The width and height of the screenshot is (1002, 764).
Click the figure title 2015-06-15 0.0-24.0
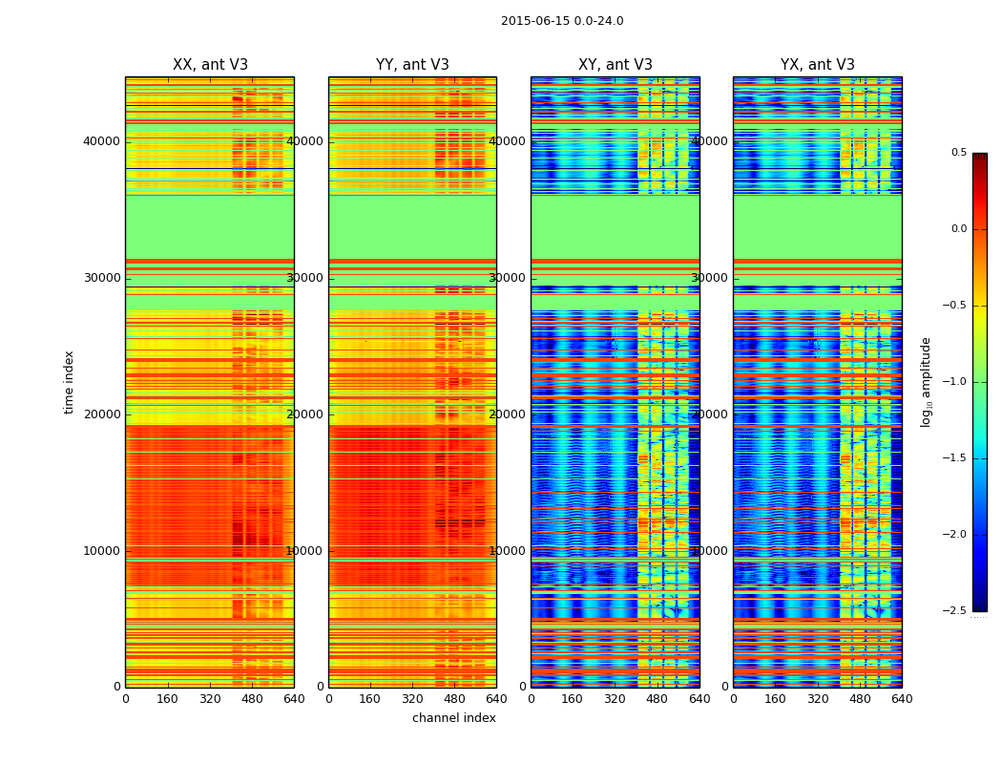click(562, 21)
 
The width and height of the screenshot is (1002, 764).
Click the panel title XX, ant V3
click(210, 65)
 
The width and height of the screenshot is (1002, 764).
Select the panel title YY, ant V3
click(412, 65)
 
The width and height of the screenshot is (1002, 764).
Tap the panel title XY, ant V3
click(616, 65)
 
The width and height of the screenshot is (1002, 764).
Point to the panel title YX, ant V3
click(818, 65)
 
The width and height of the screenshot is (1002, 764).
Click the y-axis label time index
click(69, 382)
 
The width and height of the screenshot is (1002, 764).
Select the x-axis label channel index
click(454, 718)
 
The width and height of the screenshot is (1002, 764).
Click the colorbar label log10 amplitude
click(926, 382)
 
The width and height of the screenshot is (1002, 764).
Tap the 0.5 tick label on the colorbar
click(957, 153)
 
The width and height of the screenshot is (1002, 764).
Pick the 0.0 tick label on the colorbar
click(957, 229)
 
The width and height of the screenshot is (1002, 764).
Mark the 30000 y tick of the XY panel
click(510, 278)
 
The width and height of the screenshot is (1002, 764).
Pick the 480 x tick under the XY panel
click(658, 699)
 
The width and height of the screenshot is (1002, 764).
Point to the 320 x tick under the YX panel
click(818, 699)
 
